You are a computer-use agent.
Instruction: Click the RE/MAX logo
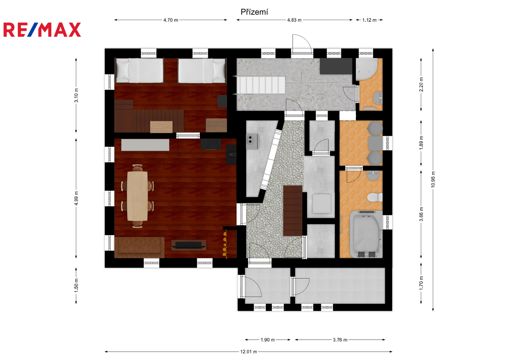pyautogui.click(x=42, y=30)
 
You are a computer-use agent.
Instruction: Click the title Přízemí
pyautogui.click(x=254, y=12)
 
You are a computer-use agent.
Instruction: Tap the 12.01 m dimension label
pyautogui.click(x=249, y=352)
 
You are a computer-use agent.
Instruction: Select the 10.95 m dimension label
pyautogui.click(x=433, y=180)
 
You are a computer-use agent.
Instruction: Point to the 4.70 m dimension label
pyautogui.click(x=171, y=20)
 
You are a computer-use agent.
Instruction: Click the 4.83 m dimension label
pyautogui.click(x=294, y=20)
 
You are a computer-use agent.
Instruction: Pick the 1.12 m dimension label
pyautogui.click(x=369, y=20)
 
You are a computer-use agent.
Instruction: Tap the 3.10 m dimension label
pyautogui.click(x=76, y=95)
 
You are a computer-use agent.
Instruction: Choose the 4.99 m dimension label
pyautogui.click(x=76, y=198)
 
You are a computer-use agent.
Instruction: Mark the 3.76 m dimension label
pyautogui.click(x=340, y=340)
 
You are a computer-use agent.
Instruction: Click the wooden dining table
pyautogui.click(x=137, y=196)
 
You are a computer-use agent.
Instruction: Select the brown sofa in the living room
pyautogui.click(x=139, y=247)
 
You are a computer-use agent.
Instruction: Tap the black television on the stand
pyautogui.click(x=188, y=245)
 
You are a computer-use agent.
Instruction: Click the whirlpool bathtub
pyautogui.click(x=366, y=234)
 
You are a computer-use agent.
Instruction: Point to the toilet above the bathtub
pyautogui.click(x=375, y=197)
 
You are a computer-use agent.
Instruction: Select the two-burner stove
pyautogui.click(x=252, y=141)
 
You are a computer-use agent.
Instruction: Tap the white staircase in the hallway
pyautogui.click(x=261, y=85)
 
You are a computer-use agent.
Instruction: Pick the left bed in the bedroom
pyautogui.click(x=139, y=71)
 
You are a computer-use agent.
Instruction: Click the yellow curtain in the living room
pyautogui.click(x=225, y=244)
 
